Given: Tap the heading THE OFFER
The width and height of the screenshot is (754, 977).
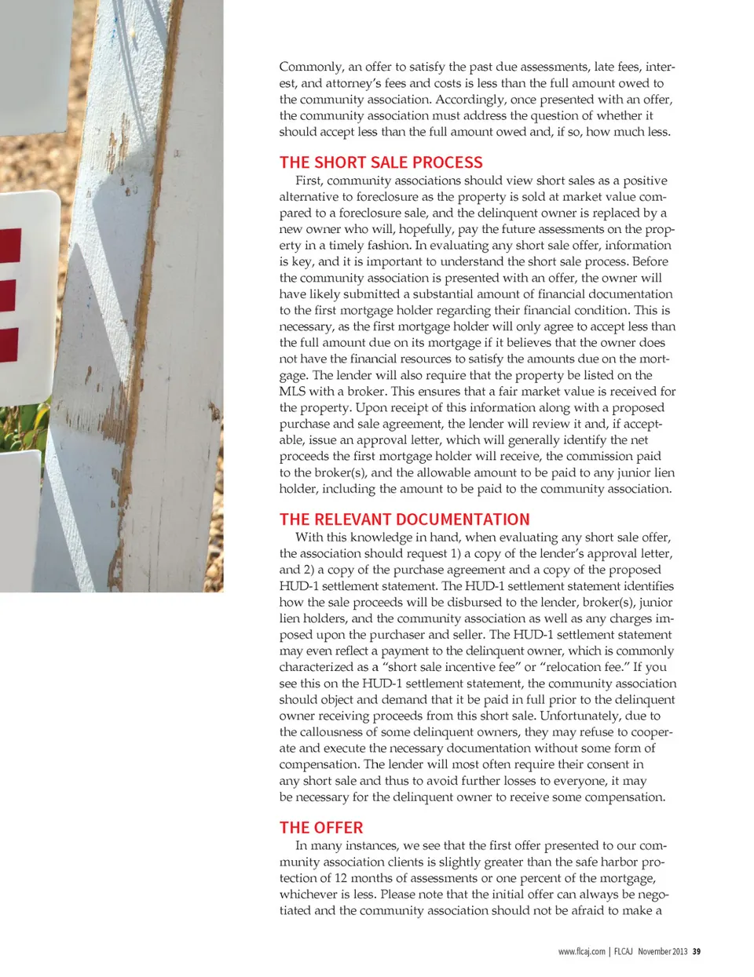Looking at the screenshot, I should coord(321,828).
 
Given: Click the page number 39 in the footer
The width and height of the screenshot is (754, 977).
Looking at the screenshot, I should coord(697,952).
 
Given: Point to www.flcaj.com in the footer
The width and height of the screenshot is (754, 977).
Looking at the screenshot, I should coord(581,952).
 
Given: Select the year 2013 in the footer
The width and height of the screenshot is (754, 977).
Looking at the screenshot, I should coord(679,952).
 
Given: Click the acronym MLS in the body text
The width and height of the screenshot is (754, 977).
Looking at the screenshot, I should coord(292,391).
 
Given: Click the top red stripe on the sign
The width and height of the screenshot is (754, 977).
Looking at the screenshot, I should coord(9,245).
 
